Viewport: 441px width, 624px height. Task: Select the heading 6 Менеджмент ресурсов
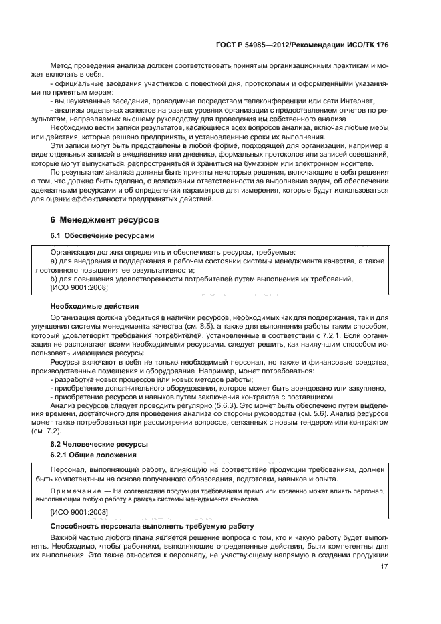(106, 219)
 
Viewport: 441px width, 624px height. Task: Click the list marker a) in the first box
(55, 261)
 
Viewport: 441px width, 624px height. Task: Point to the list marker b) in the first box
(55, 279)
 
